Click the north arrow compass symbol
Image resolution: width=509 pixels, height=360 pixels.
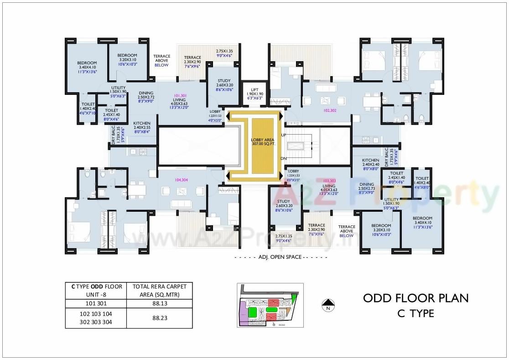click(327, 304)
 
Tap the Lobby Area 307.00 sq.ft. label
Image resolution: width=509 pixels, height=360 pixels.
click(262, 141)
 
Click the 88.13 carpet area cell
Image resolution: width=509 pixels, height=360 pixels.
click(159, 303)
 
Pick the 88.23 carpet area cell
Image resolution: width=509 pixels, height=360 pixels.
click(159, 318)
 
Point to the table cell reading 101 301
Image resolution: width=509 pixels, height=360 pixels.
click(95, 303)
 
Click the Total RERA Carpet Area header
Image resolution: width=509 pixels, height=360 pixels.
click(159, 290)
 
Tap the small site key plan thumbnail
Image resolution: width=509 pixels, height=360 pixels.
click(270, 305)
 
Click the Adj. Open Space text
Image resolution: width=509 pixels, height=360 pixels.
click(280, 257)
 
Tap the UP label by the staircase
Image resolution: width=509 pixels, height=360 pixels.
click(284, 136)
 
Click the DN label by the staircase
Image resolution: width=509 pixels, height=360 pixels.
click(284, 158)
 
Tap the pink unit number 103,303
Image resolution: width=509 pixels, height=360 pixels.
click(329, 181)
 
